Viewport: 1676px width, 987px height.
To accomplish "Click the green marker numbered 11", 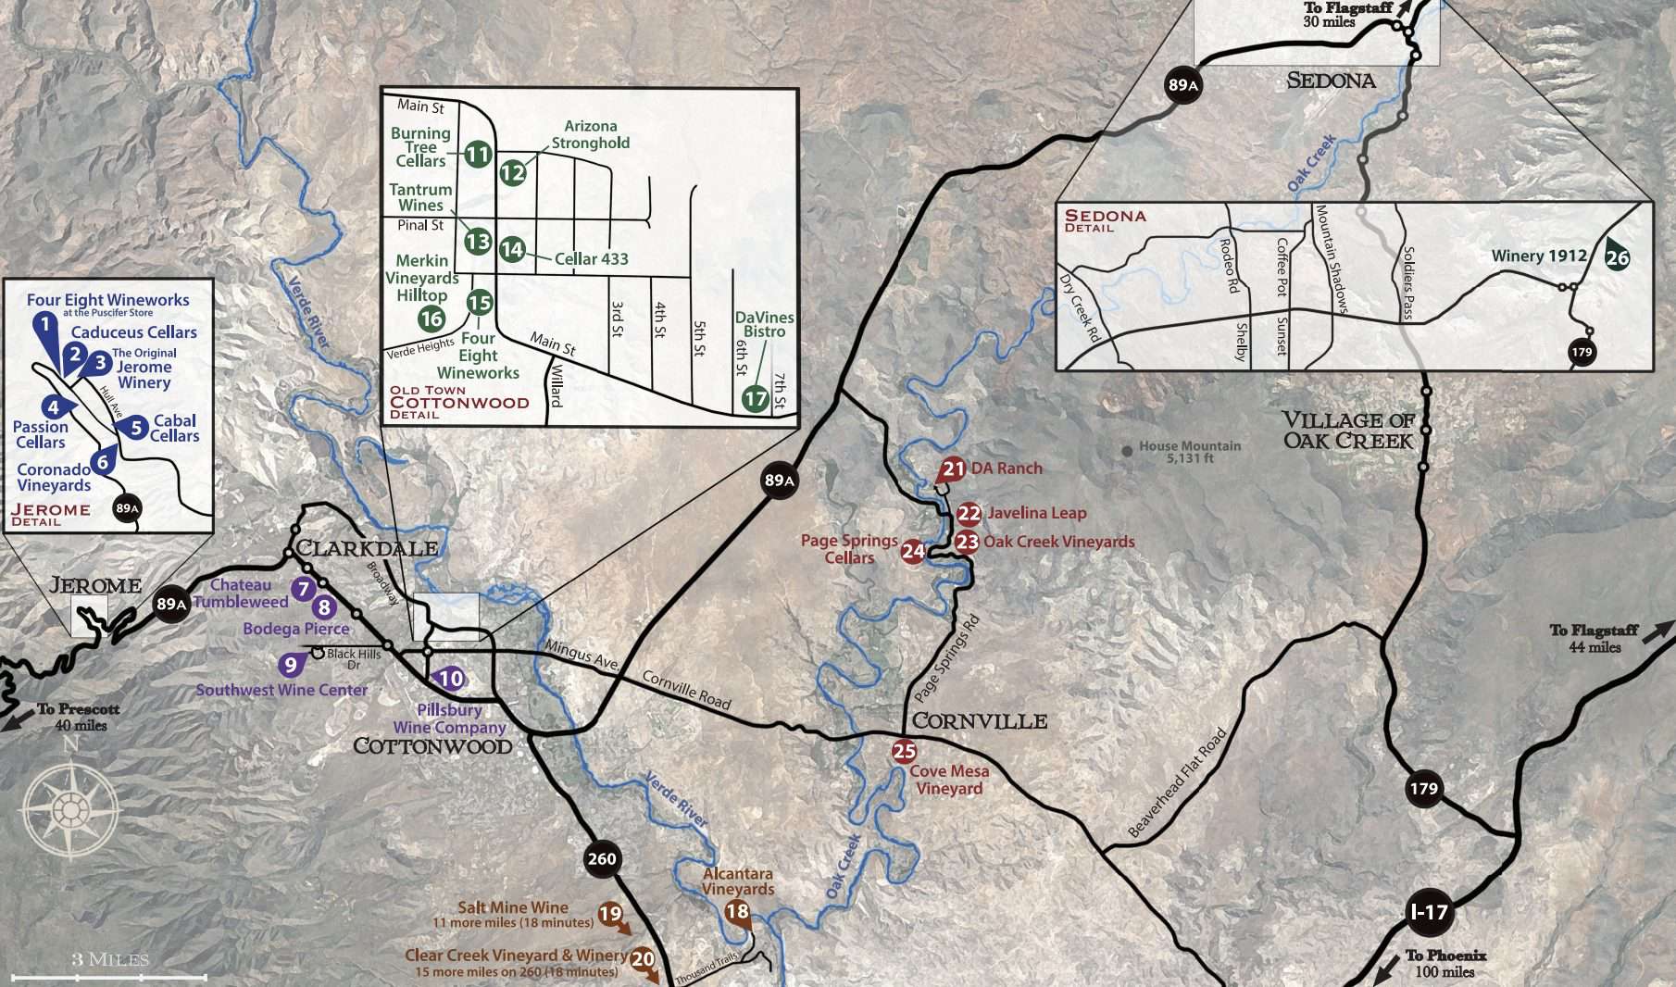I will (x=478, y=154).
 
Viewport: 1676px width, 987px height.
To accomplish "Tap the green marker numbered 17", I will (x=756, y=399).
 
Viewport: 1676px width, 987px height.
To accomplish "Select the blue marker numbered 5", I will (x=136, y=428).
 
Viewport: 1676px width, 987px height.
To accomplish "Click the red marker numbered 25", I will (x=904, y=751).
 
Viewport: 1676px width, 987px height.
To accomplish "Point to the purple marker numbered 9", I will (x=291, y=665).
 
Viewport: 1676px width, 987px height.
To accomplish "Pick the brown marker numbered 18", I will (x=737, y=912).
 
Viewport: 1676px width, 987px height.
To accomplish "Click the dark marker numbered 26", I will (x=1617, y=257).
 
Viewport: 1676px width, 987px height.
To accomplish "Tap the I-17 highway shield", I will (x=1428, y=912).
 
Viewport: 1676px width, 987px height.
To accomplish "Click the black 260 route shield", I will (x=601, y=858).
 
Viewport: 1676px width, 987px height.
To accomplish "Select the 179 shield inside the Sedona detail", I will (x=1582, y=352).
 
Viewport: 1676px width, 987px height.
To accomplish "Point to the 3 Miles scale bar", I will (x=109, y=975).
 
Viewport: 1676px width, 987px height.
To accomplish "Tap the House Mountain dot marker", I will (x=1127, y=451).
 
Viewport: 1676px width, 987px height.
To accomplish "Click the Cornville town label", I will (x=980, y=721).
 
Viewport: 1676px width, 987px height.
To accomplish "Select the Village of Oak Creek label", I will (x=1348, y=431).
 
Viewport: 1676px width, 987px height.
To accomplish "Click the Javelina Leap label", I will (x=1036, y=513).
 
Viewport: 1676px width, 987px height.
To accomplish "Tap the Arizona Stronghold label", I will (x=591, y=134).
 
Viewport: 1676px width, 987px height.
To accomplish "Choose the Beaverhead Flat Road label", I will (x=1178, y=783).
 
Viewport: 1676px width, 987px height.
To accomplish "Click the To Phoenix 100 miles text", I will (x=1445, y=963).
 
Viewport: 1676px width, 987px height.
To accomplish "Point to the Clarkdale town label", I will (x=367, y=548).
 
